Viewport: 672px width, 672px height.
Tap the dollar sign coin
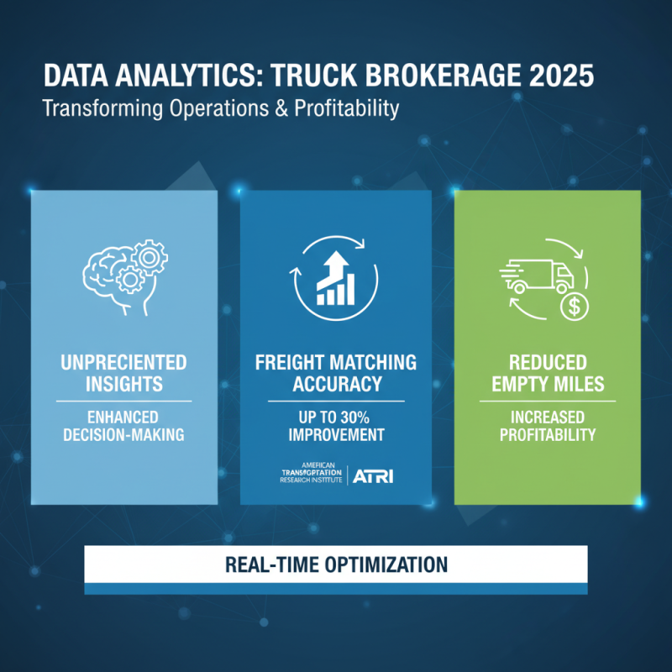click(x=574, y=307)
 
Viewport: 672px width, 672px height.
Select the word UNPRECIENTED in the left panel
click(x=123, y=364)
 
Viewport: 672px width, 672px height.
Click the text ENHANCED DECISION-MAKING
click(x=123, y=427)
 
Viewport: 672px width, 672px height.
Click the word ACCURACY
click(x=336, y=386)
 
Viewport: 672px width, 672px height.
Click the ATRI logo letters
click(x=373, y=476)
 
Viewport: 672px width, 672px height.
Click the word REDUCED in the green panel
click(x=548, y=364)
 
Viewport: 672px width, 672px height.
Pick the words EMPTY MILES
click(x=548, y=386)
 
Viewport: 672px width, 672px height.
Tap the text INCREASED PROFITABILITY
click(x=548, y=427)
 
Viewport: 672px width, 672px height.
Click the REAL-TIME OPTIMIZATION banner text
click(x=336, y=562)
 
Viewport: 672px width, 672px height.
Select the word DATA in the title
click(x=74, y=76)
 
